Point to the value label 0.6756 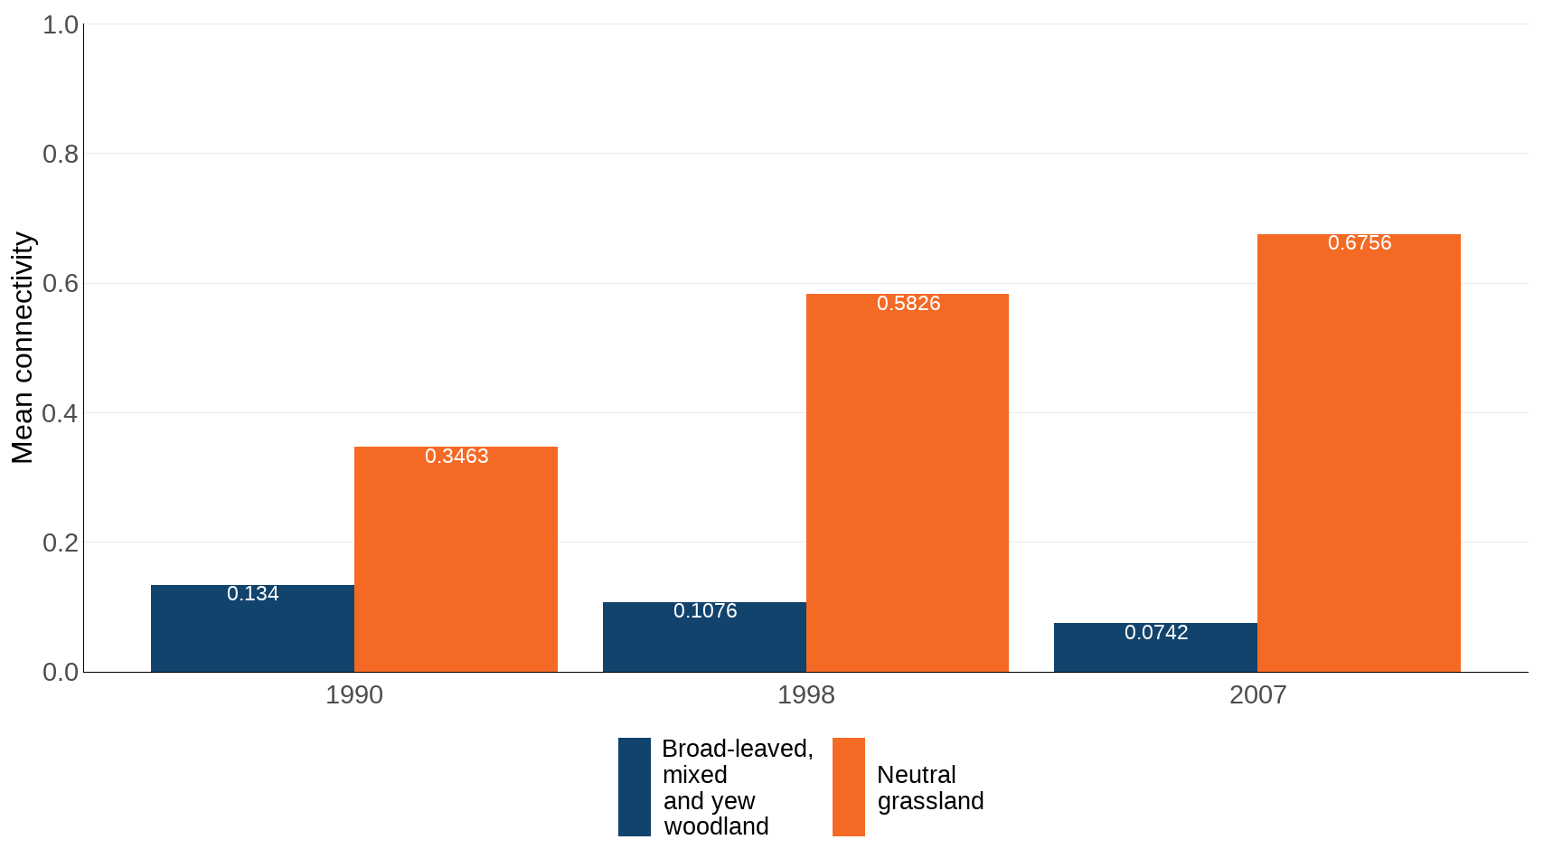click(1359, 243)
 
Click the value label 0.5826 click(908, 304)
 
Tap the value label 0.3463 click(456, 457)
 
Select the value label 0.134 click(252, 594)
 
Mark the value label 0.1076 click(704, 611)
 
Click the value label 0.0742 click(1155, 633)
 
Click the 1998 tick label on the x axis click(805, 695)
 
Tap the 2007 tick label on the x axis click(1257, 695)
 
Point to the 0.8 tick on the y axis click(61, 155)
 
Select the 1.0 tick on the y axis click(61, 25)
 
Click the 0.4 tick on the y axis click(61, 414)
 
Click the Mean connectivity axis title click(23, 348)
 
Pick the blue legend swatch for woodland click(634, 787)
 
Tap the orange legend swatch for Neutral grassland click(848, 787)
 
